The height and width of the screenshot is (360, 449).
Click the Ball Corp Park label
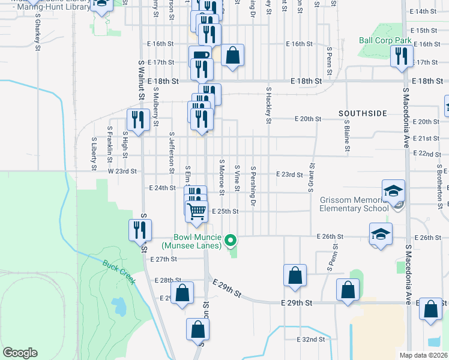point(385,41)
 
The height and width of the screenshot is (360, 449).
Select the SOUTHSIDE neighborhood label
point(363,113)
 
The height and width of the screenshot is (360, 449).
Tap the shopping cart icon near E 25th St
point(196,212)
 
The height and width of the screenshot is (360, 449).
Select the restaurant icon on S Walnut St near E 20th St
point(138,120)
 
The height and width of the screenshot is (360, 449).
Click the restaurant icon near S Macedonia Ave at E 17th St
point(400,56)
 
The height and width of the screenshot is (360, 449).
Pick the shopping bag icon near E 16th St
point(232,55)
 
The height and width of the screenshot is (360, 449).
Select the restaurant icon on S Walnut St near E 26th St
point(138,230)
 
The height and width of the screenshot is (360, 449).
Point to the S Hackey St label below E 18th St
point(268,106)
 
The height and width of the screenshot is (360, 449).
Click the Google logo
point(20,352)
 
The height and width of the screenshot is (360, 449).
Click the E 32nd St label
point(311,339)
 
